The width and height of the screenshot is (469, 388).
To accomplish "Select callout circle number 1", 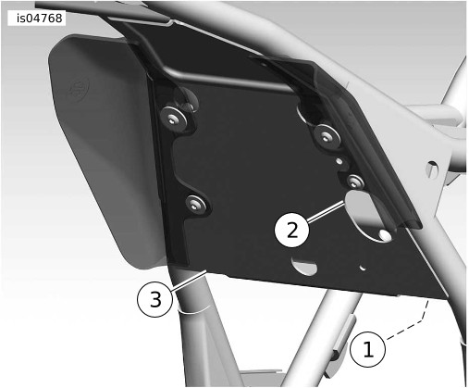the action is pyautogui.click(x=368, y=349).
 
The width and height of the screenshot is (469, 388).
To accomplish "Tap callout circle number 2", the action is pyautogui.click(x=291, y=230).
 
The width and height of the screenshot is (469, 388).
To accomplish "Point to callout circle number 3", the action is pyautogui.click(x=154, y=299).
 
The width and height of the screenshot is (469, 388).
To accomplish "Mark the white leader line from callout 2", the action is pyautogui.click(x=326, y=211).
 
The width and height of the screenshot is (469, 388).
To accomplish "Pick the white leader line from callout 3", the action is pyautogui.click(x=189, y=281).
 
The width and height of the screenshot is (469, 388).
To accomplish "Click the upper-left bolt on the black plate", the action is pyautogui.click(x=174, y=119).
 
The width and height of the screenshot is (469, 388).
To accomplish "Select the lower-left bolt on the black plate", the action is pyautogui.click(x=196, y=204).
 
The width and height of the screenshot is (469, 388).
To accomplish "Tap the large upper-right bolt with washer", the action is pyautogui.click(x=327, y=135).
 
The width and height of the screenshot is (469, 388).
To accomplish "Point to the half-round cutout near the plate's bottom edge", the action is pyautogui.click(x=304, y=266).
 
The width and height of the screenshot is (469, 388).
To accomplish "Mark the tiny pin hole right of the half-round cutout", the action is pyautogui.click(x=364, y=268).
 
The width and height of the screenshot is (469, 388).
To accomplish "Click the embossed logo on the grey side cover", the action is pyautogui.click(x=79, y=90).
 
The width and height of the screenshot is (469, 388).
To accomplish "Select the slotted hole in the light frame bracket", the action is pyautogui.click(x=431, y=169).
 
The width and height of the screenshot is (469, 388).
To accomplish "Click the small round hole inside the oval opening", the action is pyautogui.click(x=386, y=235).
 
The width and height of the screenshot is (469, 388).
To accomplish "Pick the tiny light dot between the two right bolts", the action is pyautogui.click(x=339, y=161).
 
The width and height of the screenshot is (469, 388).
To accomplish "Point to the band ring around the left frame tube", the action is pyautogui.click(x=194, y=309).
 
